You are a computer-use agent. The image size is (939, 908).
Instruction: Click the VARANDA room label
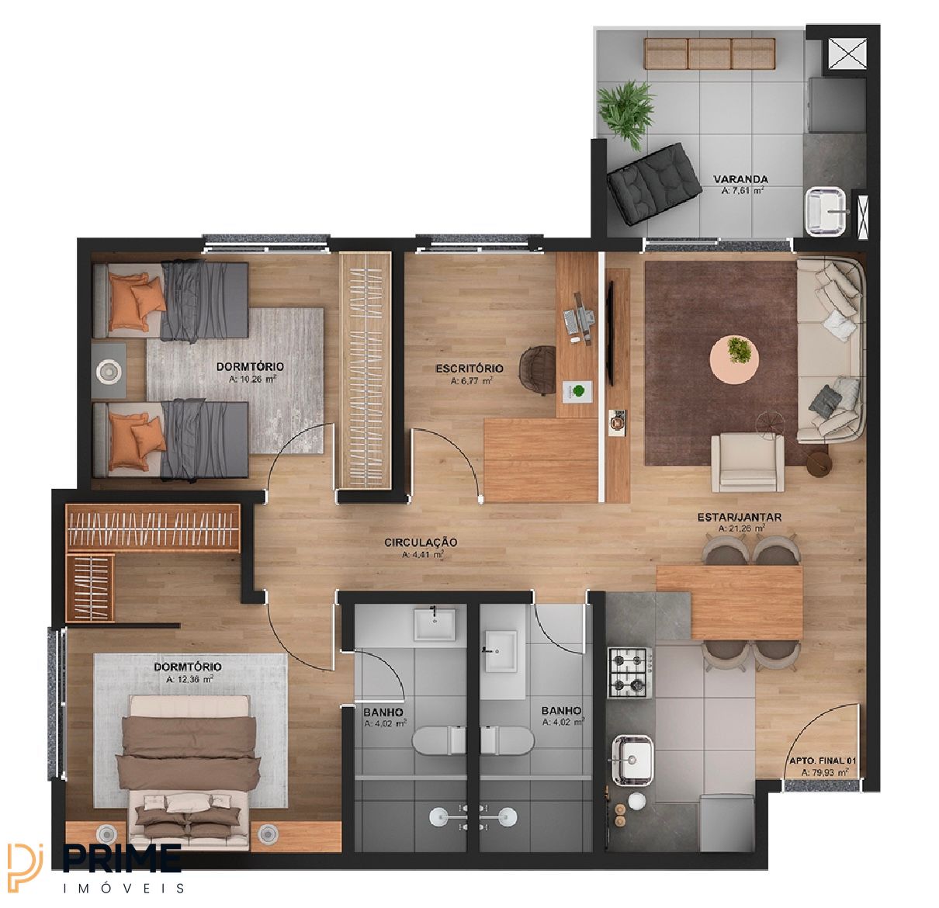tap(740, 179)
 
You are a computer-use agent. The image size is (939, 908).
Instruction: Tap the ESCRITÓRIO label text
tap(469, 369)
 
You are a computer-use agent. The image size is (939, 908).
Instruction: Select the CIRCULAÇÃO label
tap(421, 542)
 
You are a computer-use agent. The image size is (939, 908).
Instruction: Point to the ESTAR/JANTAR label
tap(740, 517)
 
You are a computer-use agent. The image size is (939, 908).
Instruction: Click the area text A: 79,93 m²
tap(824, 772)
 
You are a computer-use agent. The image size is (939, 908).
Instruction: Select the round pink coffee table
tap(734, 359)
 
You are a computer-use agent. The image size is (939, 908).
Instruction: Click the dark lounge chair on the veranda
tap(653, 183)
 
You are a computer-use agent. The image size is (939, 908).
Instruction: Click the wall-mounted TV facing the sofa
tap(610, 333)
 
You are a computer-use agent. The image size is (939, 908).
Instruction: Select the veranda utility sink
tap(826, 212)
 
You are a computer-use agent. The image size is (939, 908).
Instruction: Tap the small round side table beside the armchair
tap(819, 465)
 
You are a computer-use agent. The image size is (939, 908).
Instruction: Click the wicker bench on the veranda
tap(709, 54)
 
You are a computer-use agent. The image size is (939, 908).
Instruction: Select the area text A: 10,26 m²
tap(252, 379)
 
